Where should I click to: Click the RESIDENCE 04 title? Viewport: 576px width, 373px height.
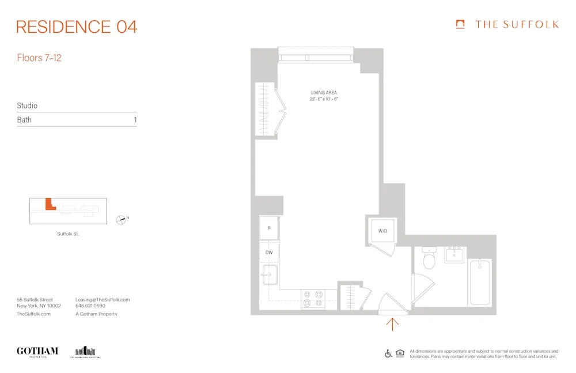pyautogui.click(x=77, y=27)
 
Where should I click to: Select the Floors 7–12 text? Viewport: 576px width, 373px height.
pyautogui.click(x=39, y=58)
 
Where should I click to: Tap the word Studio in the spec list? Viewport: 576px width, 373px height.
pyautogui.click(x=27, y=106)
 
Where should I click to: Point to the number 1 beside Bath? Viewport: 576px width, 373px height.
pyautogui.click(x=135, y=120)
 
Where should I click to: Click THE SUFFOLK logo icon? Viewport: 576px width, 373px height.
pyautogui.click(x=460, y=24)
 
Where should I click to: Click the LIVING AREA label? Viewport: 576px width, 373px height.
pyautogui.click(x=324, y=93)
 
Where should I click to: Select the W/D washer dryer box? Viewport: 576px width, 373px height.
pyautogui.click(x=382, y=231)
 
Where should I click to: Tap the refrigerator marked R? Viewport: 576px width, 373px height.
pyautogui.click(x=269, y=228)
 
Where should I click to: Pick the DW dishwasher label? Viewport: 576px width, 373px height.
pyautogui.click(x=269, y=253)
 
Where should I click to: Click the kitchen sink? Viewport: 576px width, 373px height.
pyautogui.click(x=270, y=276)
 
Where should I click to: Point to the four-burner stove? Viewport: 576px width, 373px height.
pyautogui.click(x=312, y=297)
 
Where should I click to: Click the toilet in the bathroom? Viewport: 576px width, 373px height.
pyautogui.click(x=429, y=260)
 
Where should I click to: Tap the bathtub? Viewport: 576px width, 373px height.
pyautogui.click(x=480, y=282)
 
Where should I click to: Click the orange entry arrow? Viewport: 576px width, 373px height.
pyautogui.click(x=392, y=324)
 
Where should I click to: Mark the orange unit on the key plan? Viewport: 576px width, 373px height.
pyautogui.click(x=49, y=205)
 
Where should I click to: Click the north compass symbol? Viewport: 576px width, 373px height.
pyautogui.click(x=121, y=219)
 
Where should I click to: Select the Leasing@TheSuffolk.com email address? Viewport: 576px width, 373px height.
pyautogui.click(x=103, y=300)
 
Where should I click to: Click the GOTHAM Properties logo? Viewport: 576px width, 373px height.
pyautogui.click(x=37, y=352)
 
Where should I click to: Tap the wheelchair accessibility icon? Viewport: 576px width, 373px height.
pyautogui.click(x=389, y=353)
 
